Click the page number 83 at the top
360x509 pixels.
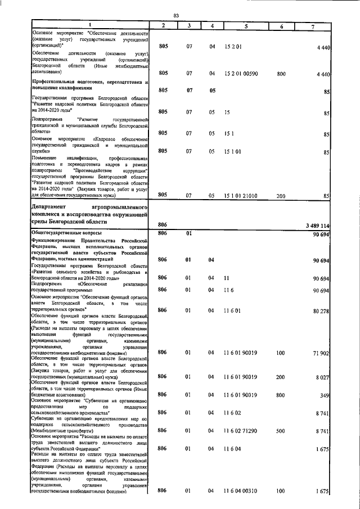176,15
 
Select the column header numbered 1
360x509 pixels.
89,25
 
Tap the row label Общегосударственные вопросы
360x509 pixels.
67,232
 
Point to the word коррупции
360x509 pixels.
133,170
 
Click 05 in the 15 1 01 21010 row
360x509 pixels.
212,195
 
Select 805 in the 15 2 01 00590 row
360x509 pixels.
163,73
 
